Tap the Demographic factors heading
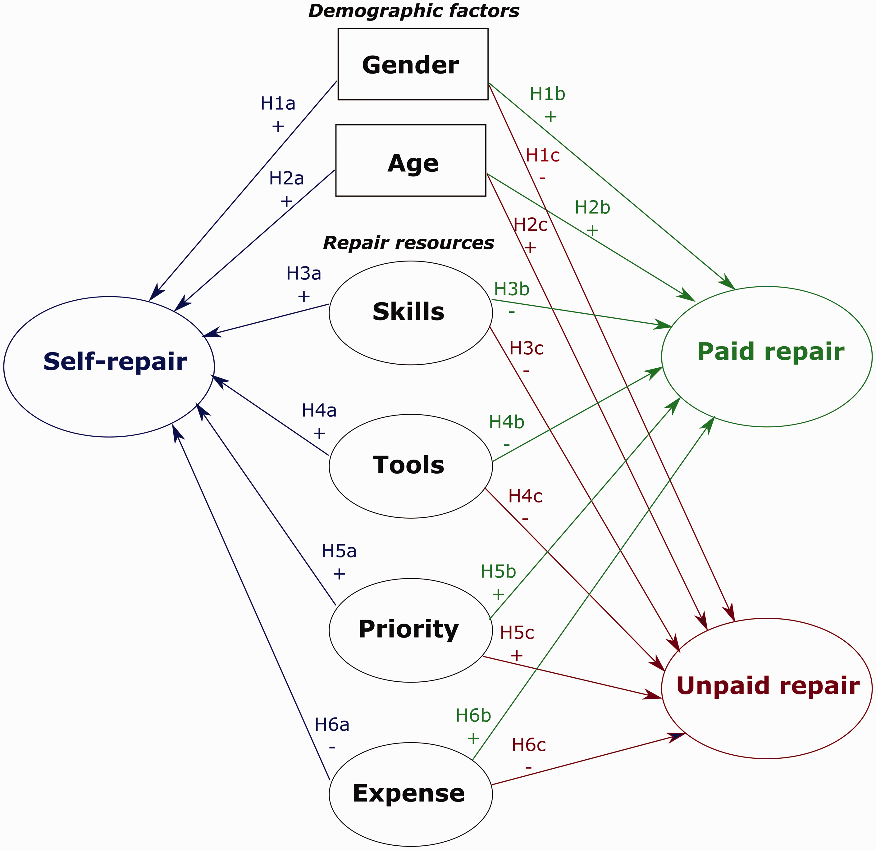[414, 11]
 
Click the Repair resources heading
[408, 243]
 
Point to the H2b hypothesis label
[592, 207]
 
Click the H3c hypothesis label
[527, 348]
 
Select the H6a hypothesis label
[332, 725]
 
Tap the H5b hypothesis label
[498, 571]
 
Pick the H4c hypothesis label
[526, 496]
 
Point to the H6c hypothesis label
[529, 745]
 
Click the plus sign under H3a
[303, 296]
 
